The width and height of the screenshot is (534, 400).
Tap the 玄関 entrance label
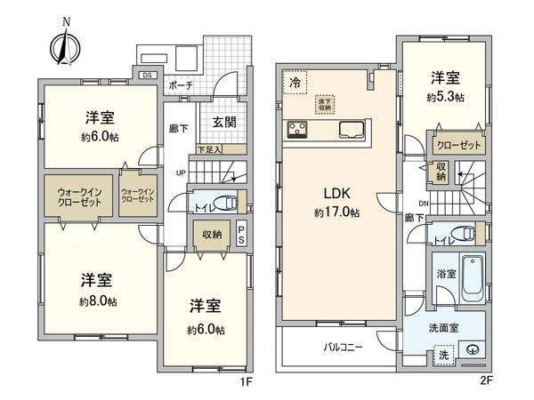pos(223,124)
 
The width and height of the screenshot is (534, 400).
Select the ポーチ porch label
pos(182,87)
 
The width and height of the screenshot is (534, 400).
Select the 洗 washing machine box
pos(442,355)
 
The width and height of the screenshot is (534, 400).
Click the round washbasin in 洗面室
pos(473,348)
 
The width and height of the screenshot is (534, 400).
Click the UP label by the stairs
pos(181,172)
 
